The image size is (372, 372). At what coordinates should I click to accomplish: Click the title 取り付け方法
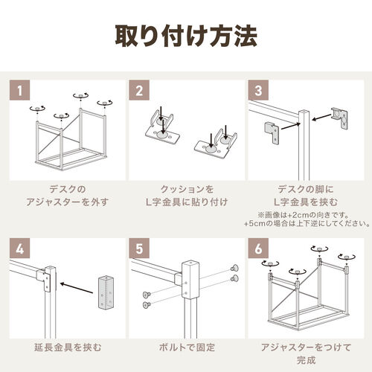pos(186,35)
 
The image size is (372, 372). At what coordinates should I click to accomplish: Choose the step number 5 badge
pos(140,248)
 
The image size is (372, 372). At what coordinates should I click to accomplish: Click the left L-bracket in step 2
pos(164,126)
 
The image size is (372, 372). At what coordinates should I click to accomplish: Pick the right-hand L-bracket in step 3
pos(341,118)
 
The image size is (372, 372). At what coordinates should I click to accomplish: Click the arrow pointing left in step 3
pos(322,116)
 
